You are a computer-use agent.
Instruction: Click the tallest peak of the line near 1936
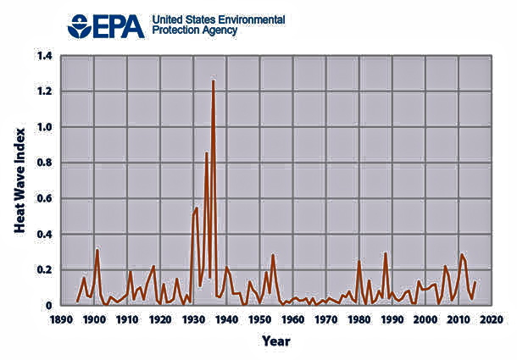[x=213, y=80]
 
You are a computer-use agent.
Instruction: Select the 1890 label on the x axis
[x=60, y=319]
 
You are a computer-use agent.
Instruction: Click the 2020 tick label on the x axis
[x=492, y=319]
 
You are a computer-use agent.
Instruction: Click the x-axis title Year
[x=275, y=341]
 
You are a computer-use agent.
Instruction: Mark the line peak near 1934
[x=206, y=152]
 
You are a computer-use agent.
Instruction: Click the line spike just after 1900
[x=97, y=249]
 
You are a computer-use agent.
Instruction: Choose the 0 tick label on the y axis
[x=48, y=305]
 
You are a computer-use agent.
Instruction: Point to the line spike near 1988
[x=386, y=252]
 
